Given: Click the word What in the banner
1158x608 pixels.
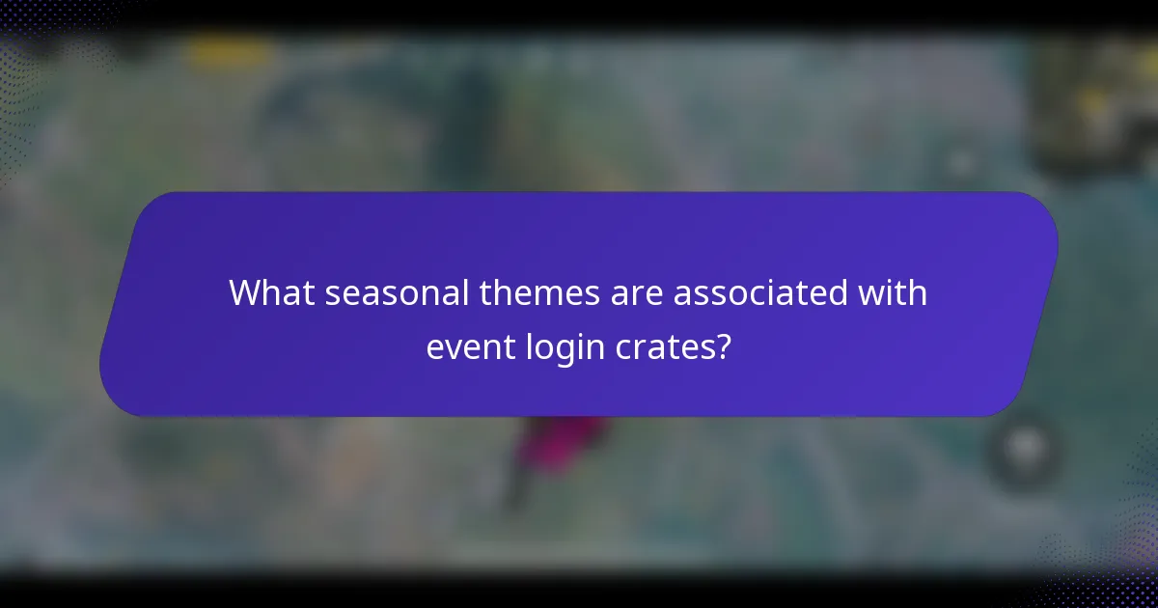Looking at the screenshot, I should (x=270, y=292).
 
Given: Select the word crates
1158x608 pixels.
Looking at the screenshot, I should (x=661, y=346).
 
